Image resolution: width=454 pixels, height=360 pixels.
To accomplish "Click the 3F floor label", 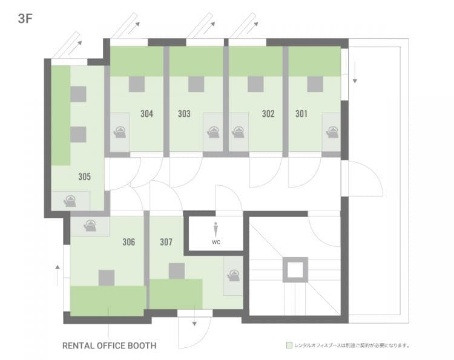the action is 25,19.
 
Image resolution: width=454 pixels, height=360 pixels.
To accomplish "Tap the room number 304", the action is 147,113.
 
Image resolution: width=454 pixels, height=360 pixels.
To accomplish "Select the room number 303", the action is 184,113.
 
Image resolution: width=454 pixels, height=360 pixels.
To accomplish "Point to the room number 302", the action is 268,113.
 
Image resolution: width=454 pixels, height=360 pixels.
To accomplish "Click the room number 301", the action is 301,113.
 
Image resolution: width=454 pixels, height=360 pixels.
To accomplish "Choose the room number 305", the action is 85,177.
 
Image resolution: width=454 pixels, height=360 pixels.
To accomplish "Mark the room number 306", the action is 128,242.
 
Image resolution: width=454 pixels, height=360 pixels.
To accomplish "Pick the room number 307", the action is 166,242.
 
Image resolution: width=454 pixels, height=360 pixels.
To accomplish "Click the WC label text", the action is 216,242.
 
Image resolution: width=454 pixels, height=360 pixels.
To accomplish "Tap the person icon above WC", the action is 215,230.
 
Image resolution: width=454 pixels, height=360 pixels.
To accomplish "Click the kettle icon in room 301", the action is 332,133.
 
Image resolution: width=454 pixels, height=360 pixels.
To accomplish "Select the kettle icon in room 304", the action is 120,133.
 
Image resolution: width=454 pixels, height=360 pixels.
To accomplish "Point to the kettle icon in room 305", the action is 70,201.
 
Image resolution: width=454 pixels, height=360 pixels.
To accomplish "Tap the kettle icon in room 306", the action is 90,226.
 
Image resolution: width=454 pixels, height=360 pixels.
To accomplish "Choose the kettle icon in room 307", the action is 234,275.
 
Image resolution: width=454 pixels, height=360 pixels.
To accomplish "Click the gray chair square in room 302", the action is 255,84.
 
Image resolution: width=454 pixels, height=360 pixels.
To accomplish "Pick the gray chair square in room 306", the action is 107,278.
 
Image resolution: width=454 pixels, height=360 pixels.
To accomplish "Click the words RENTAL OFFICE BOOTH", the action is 110,345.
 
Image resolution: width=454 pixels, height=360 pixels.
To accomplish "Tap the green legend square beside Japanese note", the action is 289,345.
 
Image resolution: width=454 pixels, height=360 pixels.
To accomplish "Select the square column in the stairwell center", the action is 295,270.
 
